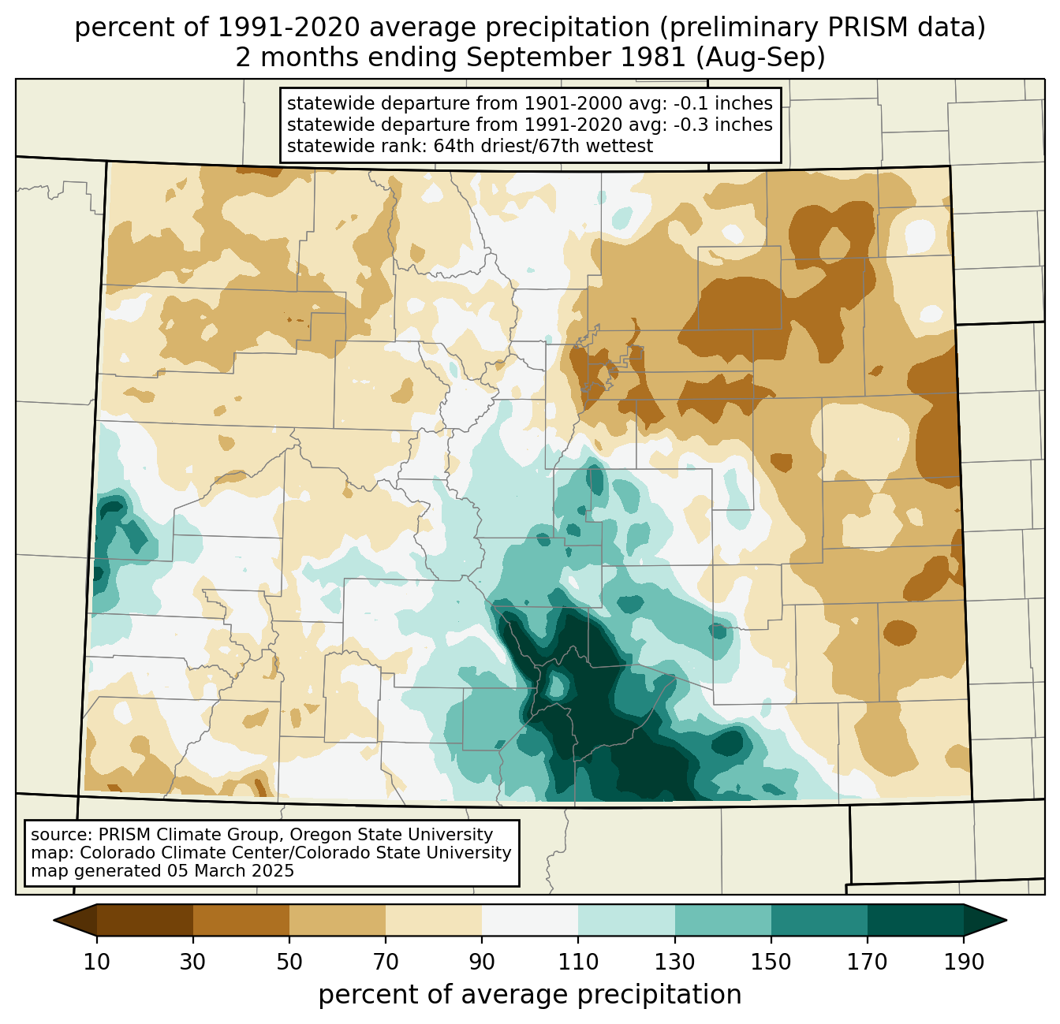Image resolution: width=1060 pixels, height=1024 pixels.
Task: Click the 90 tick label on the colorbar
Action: pyautogui.click(x=482, y=963)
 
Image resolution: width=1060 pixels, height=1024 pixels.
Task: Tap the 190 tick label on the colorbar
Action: pyautogui.click(x=964, y=963)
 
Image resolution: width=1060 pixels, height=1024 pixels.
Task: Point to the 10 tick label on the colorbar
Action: pyautogui.click(x=97, y=963)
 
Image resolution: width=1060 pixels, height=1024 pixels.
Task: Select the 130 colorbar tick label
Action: pyautogui.click(x=675, y=963)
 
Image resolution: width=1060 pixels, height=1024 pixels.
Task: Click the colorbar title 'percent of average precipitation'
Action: pyautogui.click(x=530, y=995)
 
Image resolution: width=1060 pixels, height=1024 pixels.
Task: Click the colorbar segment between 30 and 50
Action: pyautogui.click(x=241, y=920)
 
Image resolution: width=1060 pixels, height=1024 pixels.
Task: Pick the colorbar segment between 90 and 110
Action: pyautogui.click(x=530, y=920)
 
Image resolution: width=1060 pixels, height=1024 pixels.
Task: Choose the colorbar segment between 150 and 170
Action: pyautogui.click(x=819, y=920)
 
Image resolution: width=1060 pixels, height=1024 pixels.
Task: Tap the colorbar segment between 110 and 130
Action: pyautogui.click(x=627, y=920)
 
